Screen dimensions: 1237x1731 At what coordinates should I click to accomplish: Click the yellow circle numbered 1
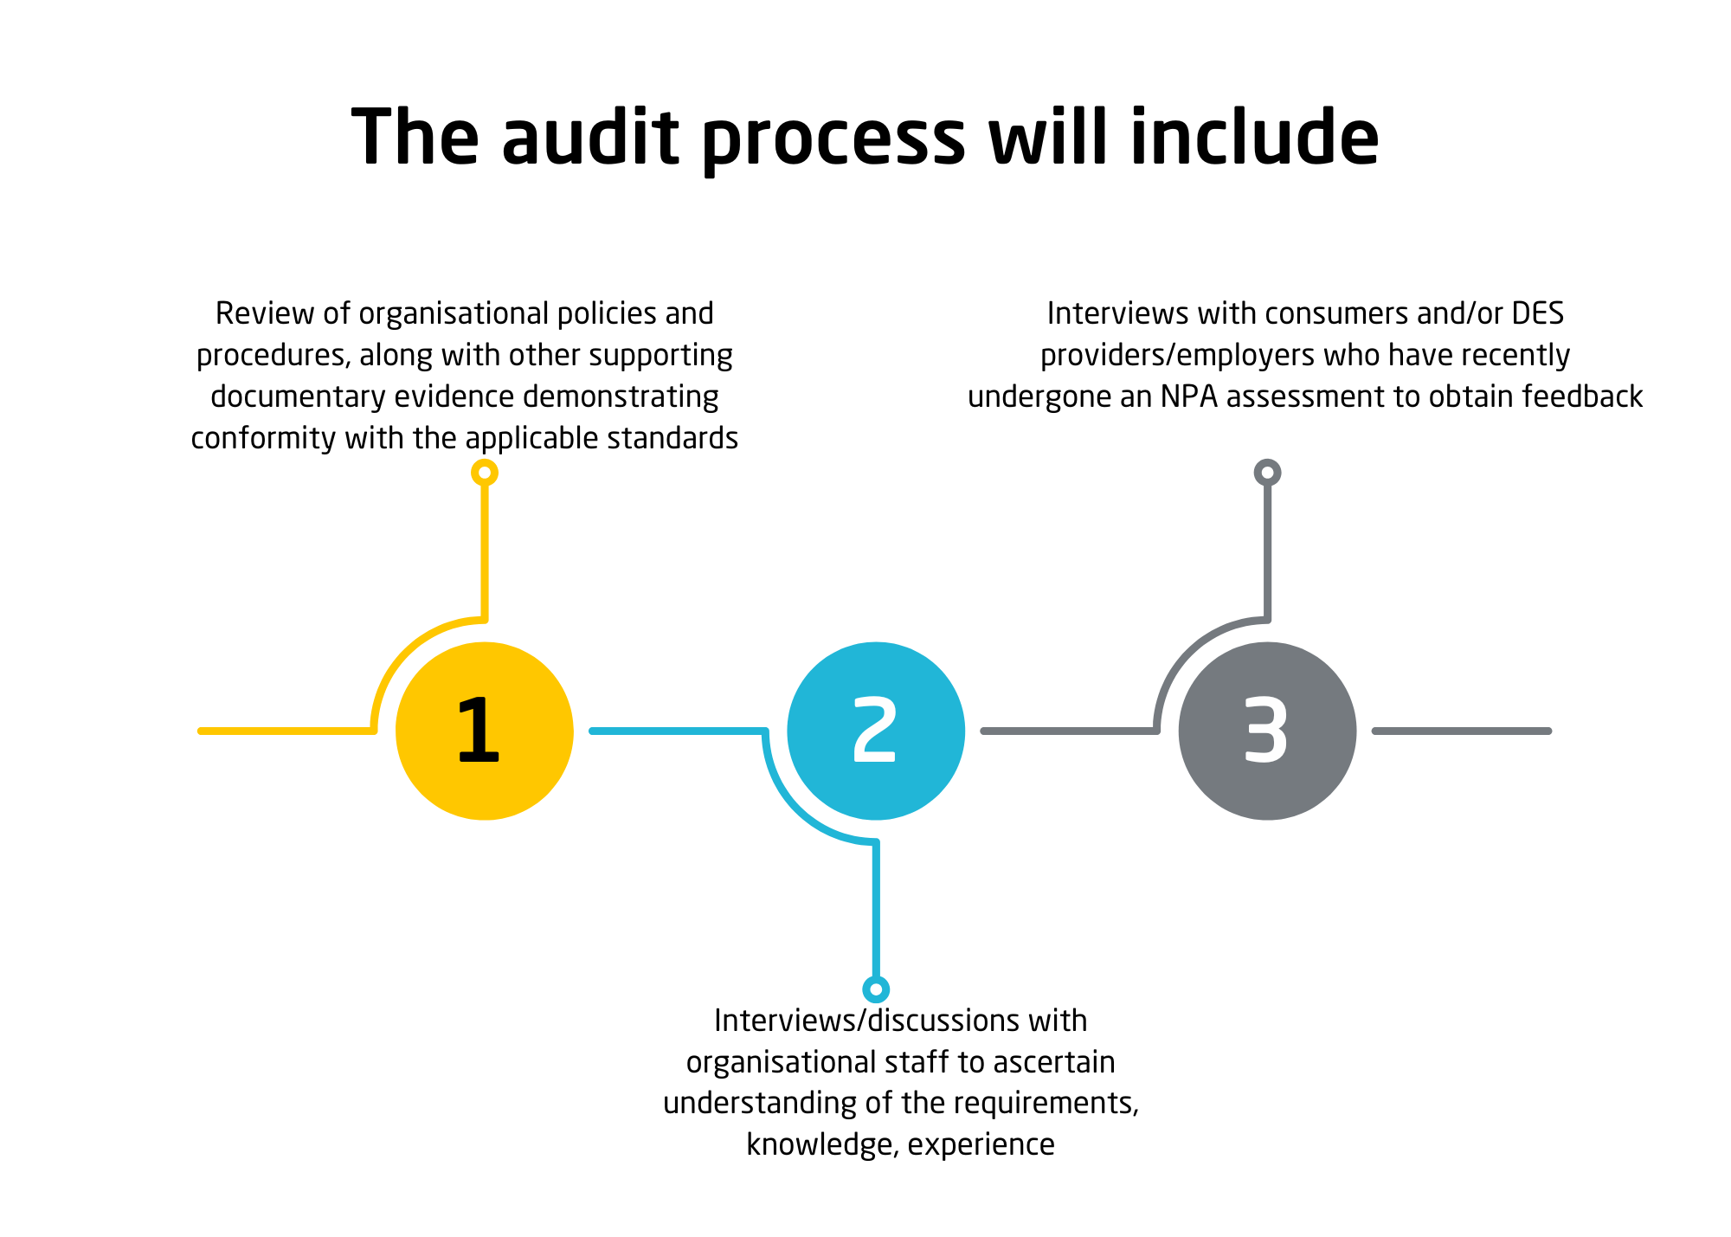(x=484, y=731)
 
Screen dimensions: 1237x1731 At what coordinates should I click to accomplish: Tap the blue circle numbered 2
(x=876, y=731)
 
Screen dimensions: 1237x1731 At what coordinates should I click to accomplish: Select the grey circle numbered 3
(x=1267, y=731)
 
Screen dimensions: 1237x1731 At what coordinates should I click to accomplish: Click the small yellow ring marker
(x=485, y=473)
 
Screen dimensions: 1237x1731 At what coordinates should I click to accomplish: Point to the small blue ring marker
(x=876, y=989)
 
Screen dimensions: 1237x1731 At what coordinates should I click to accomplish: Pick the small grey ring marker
(x=1267, y=473)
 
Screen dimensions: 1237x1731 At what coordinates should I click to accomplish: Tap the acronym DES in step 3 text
(x=1538, y=313)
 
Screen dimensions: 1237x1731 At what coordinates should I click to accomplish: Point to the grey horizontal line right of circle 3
(x=1462, y=731)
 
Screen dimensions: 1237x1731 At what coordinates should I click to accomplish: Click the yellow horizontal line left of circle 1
(x=286, y=731)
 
